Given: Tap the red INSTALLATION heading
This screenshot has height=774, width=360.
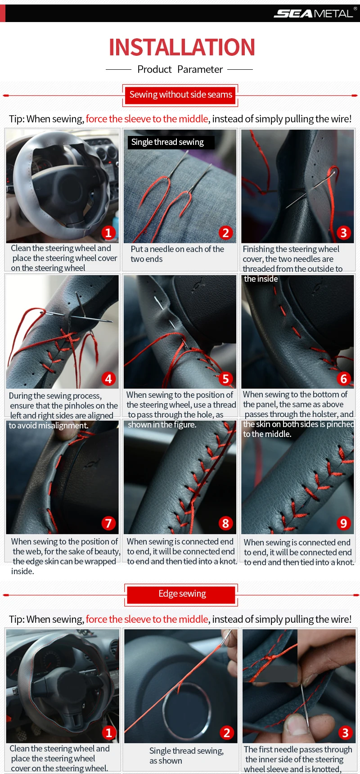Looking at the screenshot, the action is click(x=182, y=47).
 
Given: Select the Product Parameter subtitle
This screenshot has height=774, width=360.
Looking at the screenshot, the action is click(x=180, y=69).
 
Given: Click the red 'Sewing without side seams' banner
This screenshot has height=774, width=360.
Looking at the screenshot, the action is click(x=180, y=95).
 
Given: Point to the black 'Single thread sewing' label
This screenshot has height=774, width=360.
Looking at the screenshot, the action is click(x=171, y=142).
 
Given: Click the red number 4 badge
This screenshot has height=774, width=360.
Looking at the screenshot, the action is click(x=108, y=379).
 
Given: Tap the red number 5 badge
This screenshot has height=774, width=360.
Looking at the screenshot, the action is click(x=226, y=379).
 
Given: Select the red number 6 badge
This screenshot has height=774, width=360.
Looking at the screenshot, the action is click(x=344, y=379).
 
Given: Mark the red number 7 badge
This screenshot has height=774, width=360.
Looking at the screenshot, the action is click(x=108, y=523).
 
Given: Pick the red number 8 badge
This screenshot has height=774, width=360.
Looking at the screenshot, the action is click(x=226, y=523).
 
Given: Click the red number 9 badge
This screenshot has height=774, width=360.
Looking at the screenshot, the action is click(x=344, y=523).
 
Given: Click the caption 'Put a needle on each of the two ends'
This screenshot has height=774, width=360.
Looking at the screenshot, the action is click(x=177, y=254).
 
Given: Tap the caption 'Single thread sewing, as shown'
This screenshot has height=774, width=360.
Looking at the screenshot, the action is click(x=186, y=756).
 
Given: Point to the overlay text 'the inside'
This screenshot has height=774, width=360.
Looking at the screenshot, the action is click(x=261, y=279).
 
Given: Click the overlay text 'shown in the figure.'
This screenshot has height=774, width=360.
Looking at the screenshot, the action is click(x=162, y=425).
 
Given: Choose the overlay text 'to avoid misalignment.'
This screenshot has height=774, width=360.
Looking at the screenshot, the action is click(x=49, y=426).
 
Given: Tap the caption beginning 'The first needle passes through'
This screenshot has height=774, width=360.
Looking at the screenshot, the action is click(x=298, y=759).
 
